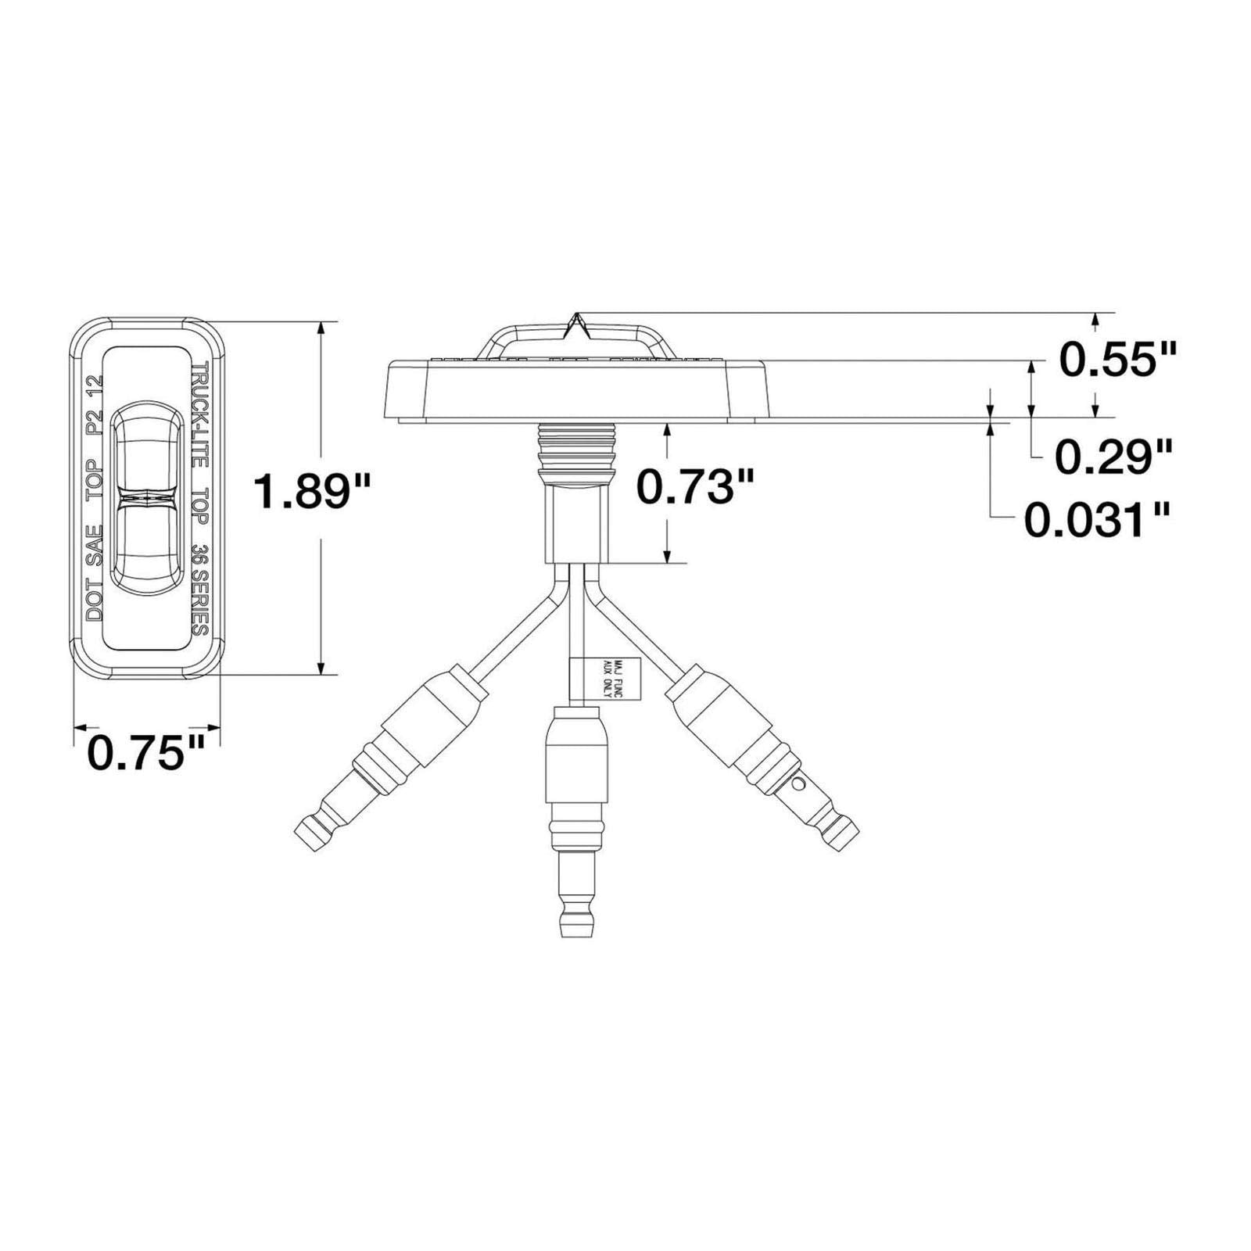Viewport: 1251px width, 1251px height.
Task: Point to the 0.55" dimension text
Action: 1117,360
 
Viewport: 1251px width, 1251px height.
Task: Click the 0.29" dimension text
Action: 1114,457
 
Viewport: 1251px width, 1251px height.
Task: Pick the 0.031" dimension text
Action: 1097,521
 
